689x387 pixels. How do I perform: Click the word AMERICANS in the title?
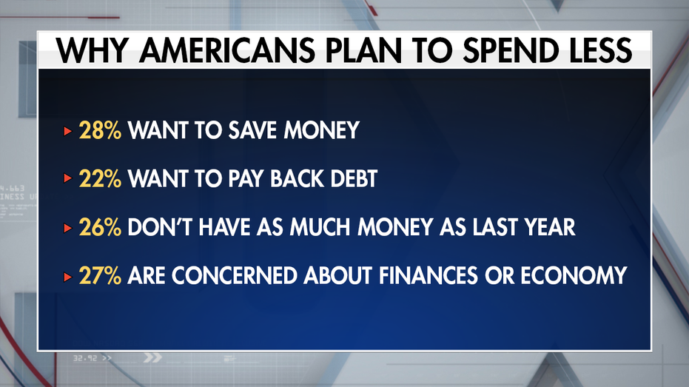coord(227,50)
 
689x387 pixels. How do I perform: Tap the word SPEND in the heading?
coord(505,50)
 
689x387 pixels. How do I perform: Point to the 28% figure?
coord(100,130)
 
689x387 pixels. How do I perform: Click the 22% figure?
coord(100,179)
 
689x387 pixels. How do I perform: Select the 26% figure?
coord(100,227)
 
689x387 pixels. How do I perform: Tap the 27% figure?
coord(100,276)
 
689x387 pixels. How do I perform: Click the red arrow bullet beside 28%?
coord(67,131)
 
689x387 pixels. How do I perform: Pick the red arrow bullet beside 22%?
coord(67,178)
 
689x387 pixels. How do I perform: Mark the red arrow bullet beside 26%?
coord(67,228)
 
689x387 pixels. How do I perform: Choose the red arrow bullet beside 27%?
coord(67,277)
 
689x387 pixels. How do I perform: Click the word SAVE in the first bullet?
coord(252,130)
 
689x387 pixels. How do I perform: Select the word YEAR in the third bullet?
coord(550,227)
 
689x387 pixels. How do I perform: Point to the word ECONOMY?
coord(574,276)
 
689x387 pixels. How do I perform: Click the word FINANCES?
coord(428,276)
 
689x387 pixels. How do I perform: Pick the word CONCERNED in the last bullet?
coord(235,276)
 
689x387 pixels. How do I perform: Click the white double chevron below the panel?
coord(152,358)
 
